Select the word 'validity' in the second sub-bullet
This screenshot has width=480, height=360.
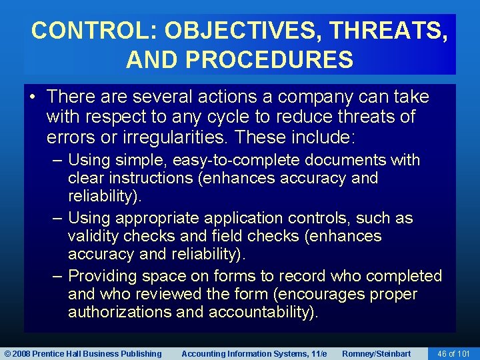coord(94,237)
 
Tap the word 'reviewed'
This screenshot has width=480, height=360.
coord(166,295)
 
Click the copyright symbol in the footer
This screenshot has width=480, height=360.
coord(8,353)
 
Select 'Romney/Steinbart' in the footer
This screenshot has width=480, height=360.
coord(376,353)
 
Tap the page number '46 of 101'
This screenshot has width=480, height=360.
coord(453,353)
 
